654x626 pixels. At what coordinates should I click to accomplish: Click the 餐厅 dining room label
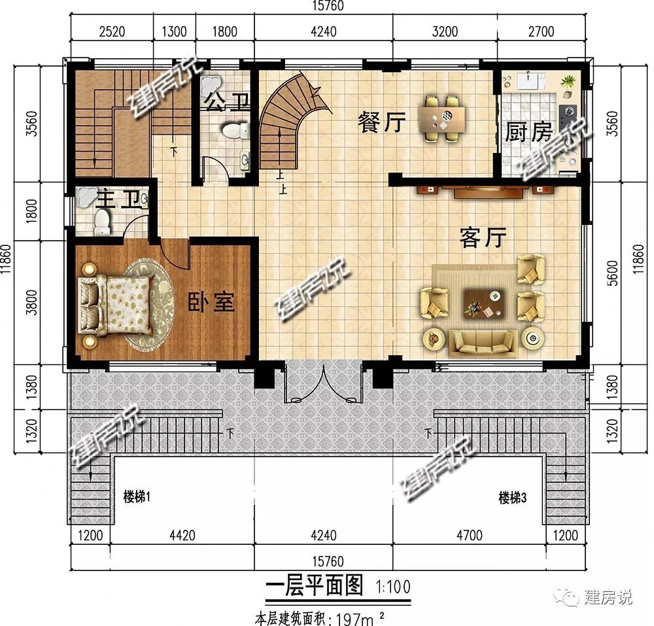coord(382,122)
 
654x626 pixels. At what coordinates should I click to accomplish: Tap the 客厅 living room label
coord(483,237)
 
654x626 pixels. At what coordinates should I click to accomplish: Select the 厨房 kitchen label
coord(528,131)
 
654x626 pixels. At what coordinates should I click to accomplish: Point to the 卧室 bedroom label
coord(211,302)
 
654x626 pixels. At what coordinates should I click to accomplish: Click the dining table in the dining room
coord(442,118)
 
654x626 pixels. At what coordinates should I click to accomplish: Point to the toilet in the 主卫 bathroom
coord(102,222)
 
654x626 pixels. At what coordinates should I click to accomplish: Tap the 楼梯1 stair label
coord(137,496)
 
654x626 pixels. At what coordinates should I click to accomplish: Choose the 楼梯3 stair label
coord(513,498)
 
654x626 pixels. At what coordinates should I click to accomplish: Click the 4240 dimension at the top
coord(323,31)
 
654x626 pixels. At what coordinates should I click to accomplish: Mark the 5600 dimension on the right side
coord(612,273)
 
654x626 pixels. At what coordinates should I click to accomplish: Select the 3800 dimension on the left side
coord(31,302)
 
